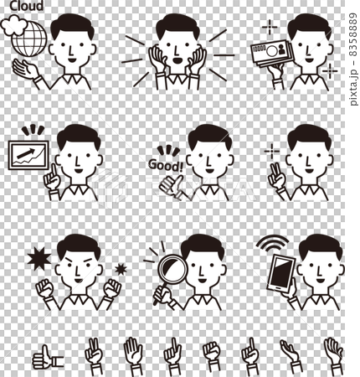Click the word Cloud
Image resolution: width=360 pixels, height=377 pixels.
pyautogui.click(x=27, y=6)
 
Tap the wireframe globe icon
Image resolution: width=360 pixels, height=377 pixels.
pyautogui.click(x=28, y=39)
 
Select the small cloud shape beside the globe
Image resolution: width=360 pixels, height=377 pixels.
pyautogui.click(x=14, y=25)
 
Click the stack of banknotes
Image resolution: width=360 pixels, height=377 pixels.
pyautogui.click(x=272, y=53)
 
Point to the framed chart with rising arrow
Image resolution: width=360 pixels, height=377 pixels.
pyautogui.click(x=28, y=155)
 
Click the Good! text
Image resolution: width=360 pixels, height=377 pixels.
pyautogui.click(x=166, y=165)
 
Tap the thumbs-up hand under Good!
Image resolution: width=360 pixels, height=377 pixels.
pyautogui.click(x=171, y=186)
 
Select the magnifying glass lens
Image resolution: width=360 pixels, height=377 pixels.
pyautogui.click(x=172, y=270)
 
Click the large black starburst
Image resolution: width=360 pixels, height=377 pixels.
pyautogui.click(x=39, y=259)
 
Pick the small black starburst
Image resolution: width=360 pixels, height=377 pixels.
pyautogui.click(x=121, y=269)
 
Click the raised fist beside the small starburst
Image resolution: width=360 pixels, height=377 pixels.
pyautogui.click(x=112, y=288)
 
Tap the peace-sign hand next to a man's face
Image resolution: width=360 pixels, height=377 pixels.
pyautogui.click(x=275, y=176)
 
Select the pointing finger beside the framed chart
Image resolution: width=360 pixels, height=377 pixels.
pyautogui.click(x=52, y=178)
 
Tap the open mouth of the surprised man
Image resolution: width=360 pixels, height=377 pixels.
pyautogui.click(x=176, y=60)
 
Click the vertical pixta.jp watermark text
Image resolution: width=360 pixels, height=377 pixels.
pyautogui.click(x=353, y=59)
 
